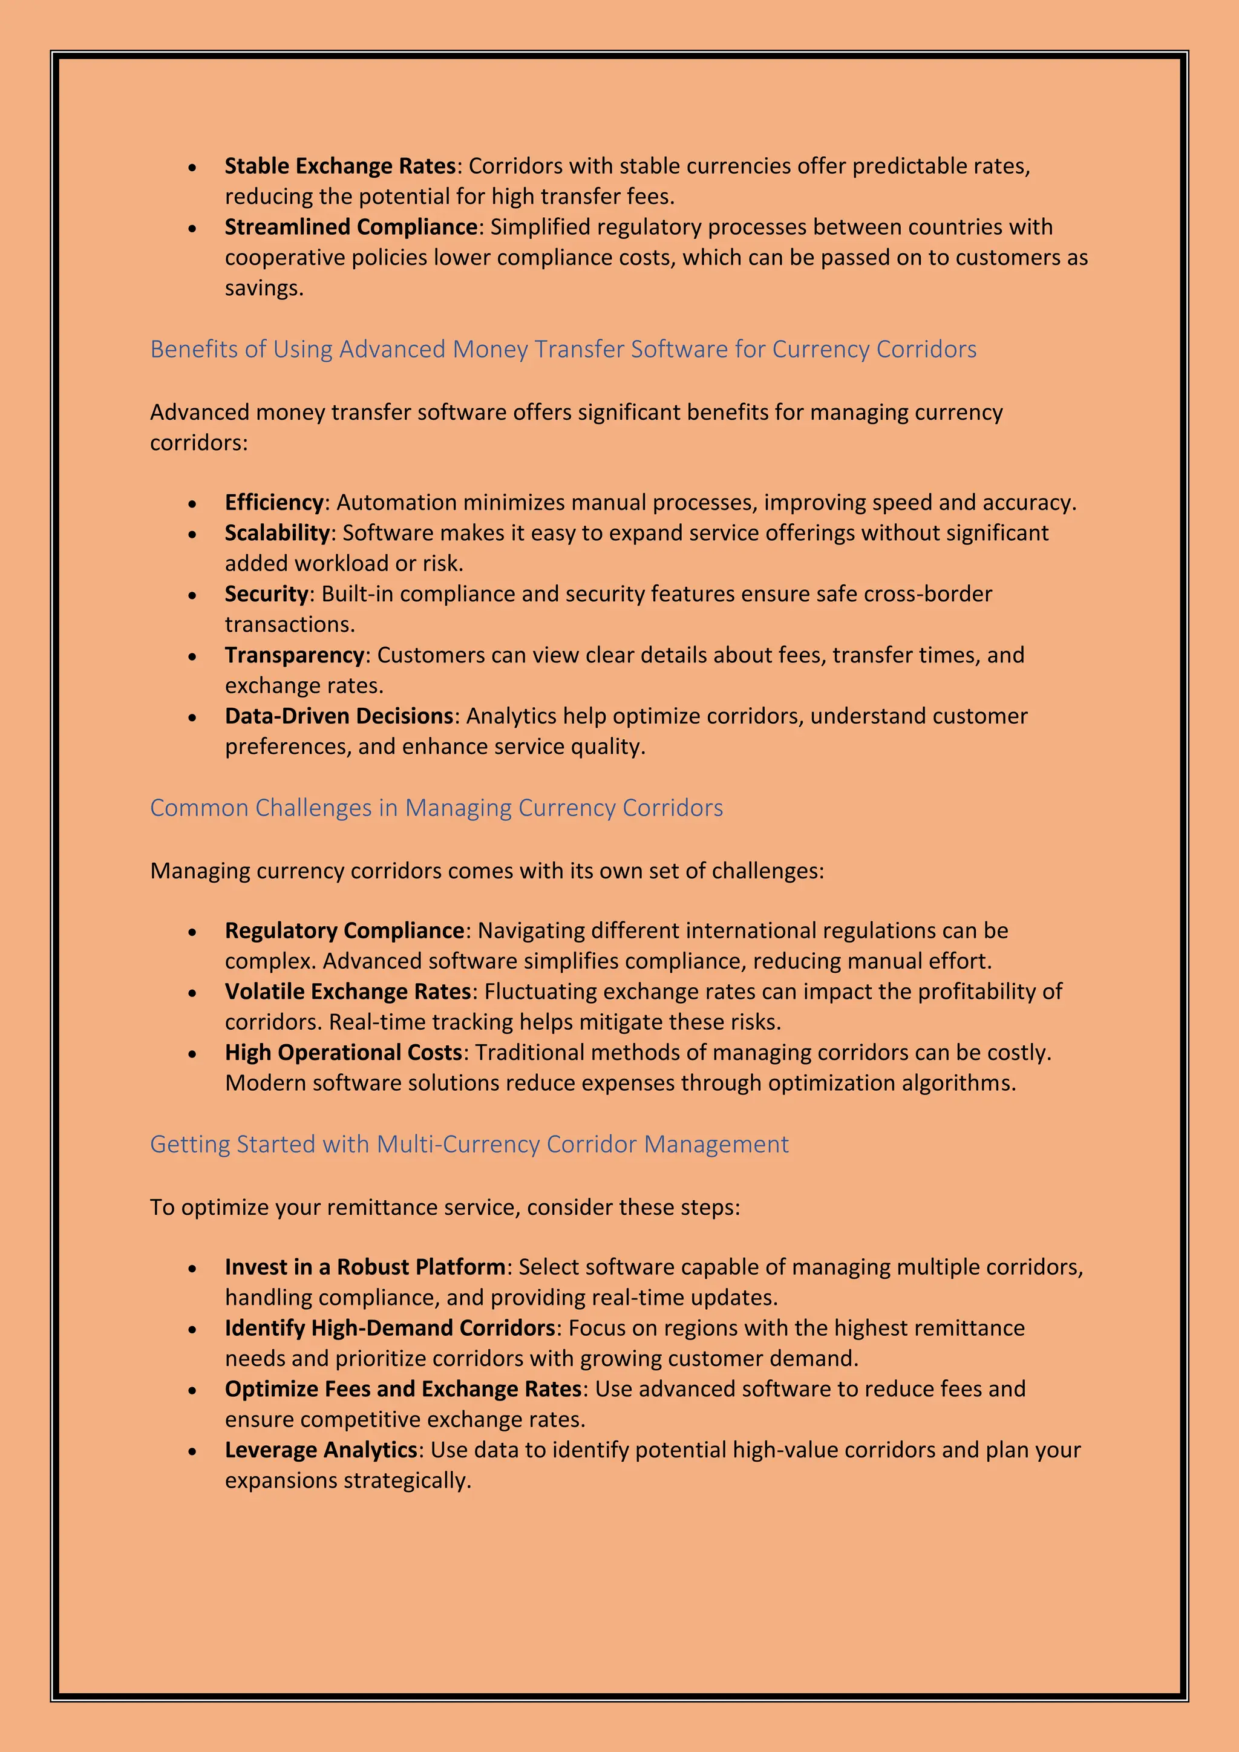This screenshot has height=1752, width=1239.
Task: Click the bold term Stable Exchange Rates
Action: pyautogui.click(x=339, y=166)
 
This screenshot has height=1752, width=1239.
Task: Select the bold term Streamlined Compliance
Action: pyautogui.click(x=351, y=227)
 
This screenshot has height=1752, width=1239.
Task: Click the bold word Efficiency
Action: pyautogui.click(x=274, y=502)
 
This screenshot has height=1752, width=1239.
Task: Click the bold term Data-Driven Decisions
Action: pyautogui.click(x=339, y=716)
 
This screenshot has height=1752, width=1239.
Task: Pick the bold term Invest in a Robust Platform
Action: pyautogui.click(x=365, y=1267)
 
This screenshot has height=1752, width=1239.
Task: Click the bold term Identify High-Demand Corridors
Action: pyautogui.click(x=389, y=1328)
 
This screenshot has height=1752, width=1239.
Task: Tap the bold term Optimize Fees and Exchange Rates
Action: pyautogui.click(x=403, y=1389)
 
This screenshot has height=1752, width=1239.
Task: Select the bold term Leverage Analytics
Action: pyautogui.click(x=321, y=1450)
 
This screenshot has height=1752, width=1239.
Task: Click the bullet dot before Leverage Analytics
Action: pyautogui.click(x=193, y=1452)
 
